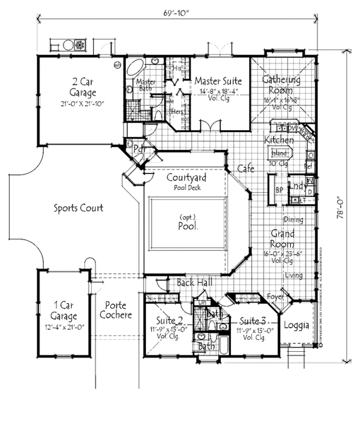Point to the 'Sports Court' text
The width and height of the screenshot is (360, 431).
tap(79, 208)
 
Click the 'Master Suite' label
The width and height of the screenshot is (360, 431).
tap(218, 80)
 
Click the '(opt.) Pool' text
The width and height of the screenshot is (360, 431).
tap(188, 223)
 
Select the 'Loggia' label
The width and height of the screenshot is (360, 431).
tap(296, 326)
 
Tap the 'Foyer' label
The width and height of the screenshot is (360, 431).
tap(275, 296)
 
